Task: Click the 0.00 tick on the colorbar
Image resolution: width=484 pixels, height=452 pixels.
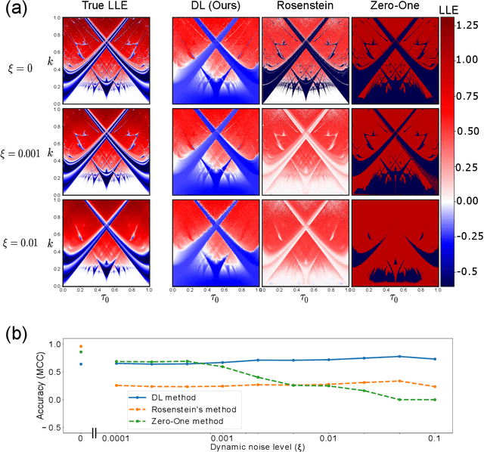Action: point(469,200)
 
